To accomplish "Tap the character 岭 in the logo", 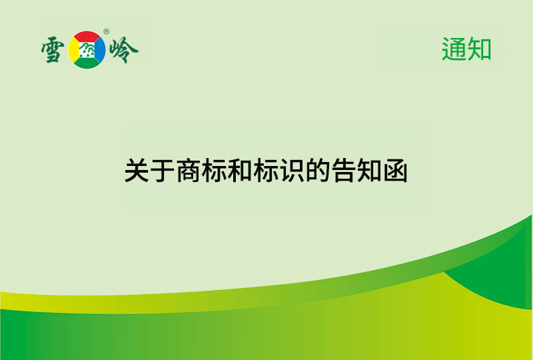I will tap(124, 49).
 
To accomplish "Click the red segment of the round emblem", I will tap(89, 37).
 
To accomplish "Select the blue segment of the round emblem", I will tap(101, 49).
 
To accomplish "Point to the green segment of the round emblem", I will tap(89, 62).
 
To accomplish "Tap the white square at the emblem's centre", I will tap(88, 49).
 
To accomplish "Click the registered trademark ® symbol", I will tap(107, 31).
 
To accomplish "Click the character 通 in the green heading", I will tap(454, 49).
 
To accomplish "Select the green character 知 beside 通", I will tap(479, 49).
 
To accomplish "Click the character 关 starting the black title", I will tap(137, 171).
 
